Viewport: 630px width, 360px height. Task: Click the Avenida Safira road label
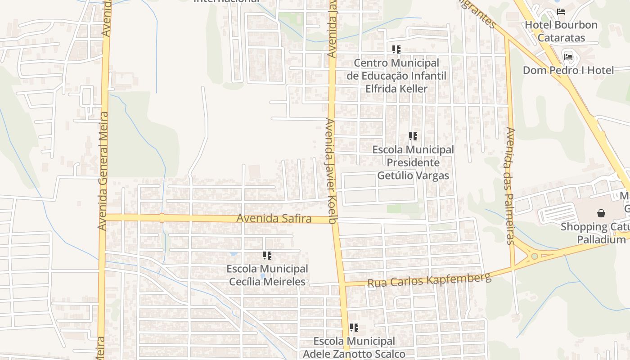[x=274, y=219]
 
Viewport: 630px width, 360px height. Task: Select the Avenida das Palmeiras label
[x=510, y=186]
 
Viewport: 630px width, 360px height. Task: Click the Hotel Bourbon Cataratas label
[x=561, y=31]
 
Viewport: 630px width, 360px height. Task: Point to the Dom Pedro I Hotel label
[x=568, y=70]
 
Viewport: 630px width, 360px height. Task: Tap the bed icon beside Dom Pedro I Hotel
[x=568, y=57]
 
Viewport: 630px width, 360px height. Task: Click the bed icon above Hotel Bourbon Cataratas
[x=561, y=12]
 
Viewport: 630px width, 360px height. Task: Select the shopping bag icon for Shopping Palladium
[x=601, y=213]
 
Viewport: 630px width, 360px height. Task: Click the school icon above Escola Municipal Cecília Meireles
[x=267, y=256]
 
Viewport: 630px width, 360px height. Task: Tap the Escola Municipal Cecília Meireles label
[x=267, y=275]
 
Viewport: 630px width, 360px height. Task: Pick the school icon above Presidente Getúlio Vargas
[x=413, y=136]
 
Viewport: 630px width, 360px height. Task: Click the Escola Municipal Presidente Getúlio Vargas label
[x=413, y=162]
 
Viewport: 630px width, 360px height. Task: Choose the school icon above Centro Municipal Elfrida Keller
[x=396, y=49]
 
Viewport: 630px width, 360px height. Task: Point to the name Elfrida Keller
[x=396, y=89]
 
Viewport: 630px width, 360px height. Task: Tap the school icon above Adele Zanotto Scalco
[x=354, y=328]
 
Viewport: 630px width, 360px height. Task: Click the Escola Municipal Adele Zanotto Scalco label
[x=354, y=347]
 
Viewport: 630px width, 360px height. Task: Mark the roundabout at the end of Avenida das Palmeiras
[x=534, y=256]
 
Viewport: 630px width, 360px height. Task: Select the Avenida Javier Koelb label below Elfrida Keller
[x=332, y=171]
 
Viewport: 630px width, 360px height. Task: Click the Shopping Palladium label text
[x=595, y=233]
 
